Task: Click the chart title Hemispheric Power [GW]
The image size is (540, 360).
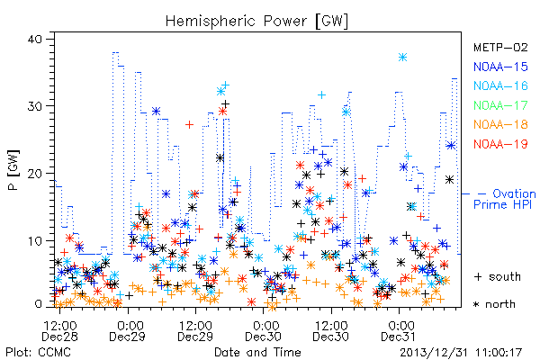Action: click(x=256, y=22)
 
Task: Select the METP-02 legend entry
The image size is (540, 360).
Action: click(x=500, y=47)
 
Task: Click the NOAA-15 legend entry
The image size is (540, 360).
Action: click(x=500, y=67)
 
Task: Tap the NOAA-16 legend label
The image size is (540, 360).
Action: click(x=500, y=85)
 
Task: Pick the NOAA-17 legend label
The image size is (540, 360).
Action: click(x=500, y=105)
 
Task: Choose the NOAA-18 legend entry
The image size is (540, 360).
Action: click(x=500, y=124)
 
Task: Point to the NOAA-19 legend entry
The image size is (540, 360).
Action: click(x=500, y=144)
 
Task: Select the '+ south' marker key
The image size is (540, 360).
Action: click(x=498, y=276)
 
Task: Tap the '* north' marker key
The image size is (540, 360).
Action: click(x=494, y=304)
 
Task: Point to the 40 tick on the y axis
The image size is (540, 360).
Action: click(x=35, y=40)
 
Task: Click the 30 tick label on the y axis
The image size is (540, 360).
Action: click(x=35, y=106)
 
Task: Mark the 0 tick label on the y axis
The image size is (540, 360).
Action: click(x=38, y=304)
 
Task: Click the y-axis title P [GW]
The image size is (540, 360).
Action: click(x=14, y=170)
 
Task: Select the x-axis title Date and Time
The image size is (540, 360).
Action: click(x=257, y=352)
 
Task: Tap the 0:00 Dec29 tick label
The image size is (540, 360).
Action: click(x=128, y=331)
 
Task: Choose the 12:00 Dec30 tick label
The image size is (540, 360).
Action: click(x=331, y=331)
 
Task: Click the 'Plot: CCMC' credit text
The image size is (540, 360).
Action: click(x=38, y=352)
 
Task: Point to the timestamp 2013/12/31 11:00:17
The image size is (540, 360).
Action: click(x=461, y=353)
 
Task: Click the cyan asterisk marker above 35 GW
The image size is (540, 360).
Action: click(x=402, y=58)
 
